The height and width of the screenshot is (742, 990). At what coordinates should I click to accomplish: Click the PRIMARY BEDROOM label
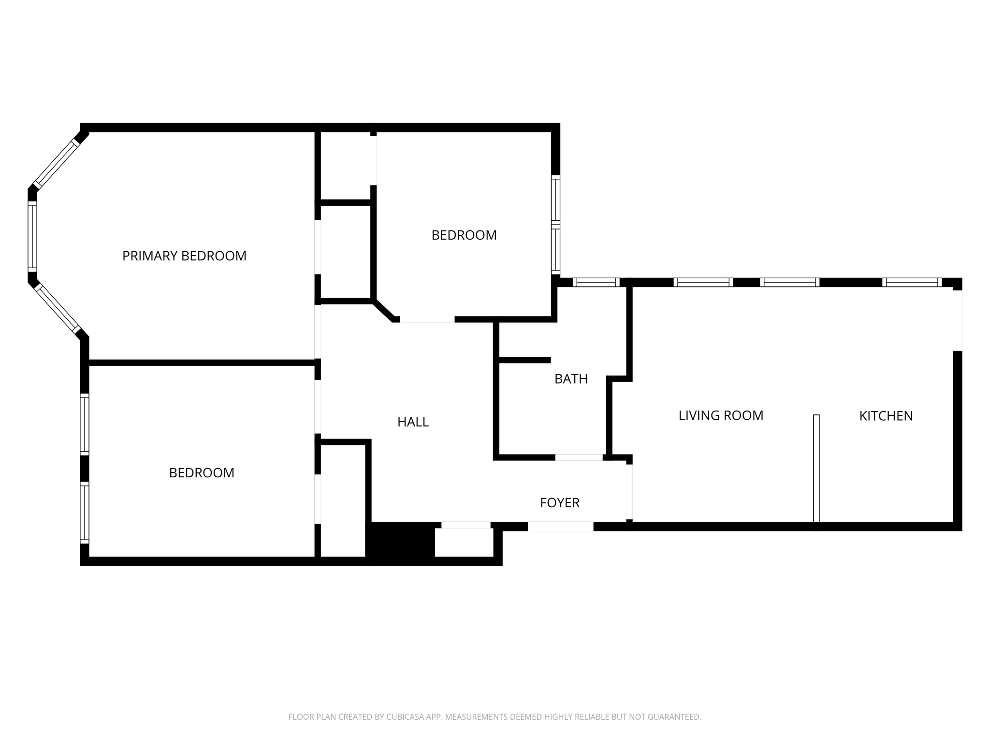(x=184, y=256)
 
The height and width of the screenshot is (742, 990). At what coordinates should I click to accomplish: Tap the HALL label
(x=413, y=422)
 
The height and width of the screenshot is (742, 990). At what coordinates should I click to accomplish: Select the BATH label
(x=571, y=379)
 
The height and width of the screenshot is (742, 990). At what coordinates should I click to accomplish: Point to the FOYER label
(x=560, y=503)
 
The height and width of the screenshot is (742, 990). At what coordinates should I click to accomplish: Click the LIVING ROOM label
(x=721, y=415)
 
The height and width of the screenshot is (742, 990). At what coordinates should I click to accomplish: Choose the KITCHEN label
(x=886, y=416)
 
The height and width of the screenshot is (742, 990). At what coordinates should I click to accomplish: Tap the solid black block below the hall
(x=400, y=543)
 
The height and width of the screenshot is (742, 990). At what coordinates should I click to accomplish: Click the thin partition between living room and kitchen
(x=816, y=469)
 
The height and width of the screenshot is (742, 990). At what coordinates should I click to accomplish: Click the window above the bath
(x=596, y=283)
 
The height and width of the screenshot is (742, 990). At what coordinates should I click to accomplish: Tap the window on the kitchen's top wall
(x=912, y=283)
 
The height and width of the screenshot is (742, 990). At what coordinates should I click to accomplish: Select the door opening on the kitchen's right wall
(x=957, y=321)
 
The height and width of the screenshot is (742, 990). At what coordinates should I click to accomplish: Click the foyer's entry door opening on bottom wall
(x=560, y=527)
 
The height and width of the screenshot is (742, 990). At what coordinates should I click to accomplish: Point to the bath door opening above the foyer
(x=579, y=457)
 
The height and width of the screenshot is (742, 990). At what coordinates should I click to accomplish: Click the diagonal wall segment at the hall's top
(x=384, y=311)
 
